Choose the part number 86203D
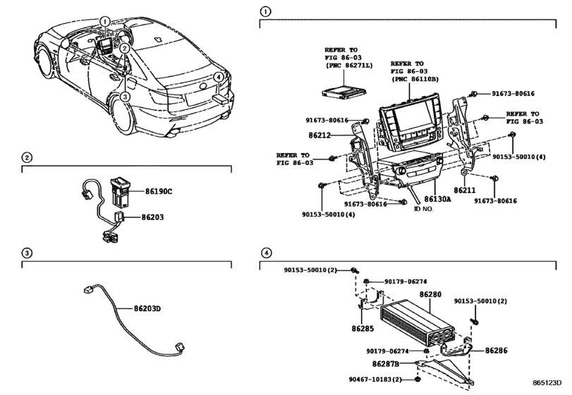149,308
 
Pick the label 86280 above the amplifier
430,294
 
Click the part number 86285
363,328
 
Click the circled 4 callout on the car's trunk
219,78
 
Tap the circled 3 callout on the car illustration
124,97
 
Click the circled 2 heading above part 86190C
26,157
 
